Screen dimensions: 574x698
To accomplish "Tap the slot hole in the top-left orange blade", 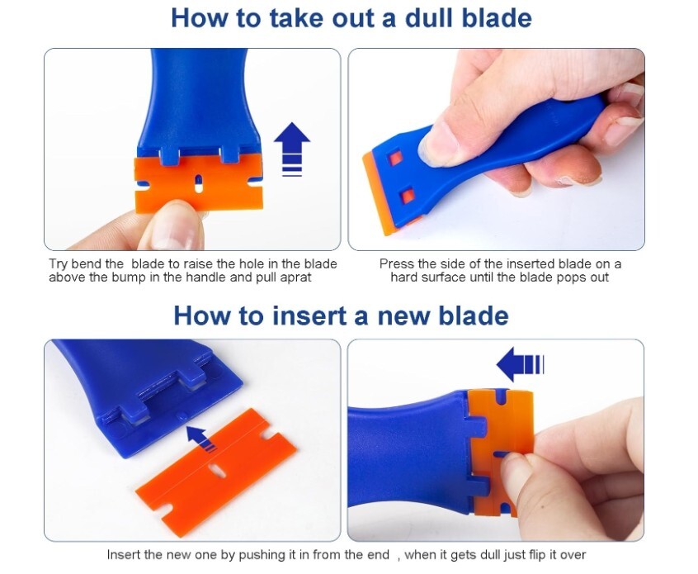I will (x=199, y=178).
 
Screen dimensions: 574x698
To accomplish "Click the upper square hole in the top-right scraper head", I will (x=396, y=158).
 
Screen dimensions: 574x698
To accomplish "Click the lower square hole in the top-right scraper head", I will (x=406, y=196).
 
